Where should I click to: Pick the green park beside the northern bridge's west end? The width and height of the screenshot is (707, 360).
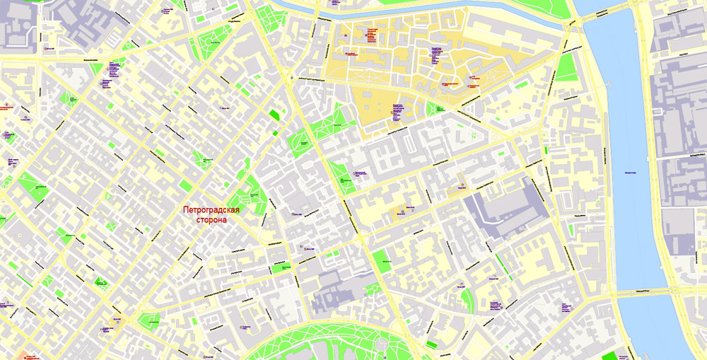(566, 67)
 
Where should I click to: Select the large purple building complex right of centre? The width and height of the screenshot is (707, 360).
(505, 209)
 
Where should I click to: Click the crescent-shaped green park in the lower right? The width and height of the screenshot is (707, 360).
(466, 301)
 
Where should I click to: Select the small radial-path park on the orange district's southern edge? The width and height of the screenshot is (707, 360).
(433, 108)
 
